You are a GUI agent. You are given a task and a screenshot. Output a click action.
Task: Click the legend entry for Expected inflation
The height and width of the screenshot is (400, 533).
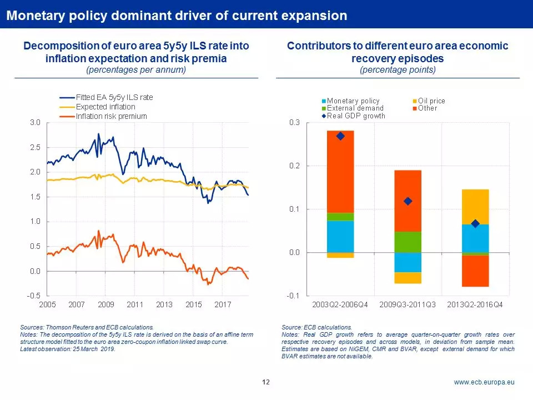point(105,107)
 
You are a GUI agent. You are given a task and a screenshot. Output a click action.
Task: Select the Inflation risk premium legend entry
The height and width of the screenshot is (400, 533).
point(111,116)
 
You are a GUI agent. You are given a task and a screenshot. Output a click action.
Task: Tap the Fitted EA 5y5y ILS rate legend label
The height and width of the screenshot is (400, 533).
point(114,97)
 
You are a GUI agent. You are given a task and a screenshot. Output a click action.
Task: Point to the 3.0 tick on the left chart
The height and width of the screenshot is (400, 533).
point(34,122)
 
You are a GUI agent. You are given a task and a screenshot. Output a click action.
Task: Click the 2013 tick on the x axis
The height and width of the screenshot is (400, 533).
point(164,304)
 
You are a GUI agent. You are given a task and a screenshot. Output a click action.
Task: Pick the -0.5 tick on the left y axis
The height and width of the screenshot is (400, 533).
point(33,296)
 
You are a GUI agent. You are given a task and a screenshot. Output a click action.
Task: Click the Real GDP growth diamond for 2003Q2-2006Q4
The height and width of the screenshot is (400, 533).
point(340,136)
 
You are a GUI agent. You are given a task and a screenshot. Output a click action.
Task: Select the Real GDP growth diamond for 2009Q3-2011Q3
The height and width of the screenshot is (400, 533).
point(408,201)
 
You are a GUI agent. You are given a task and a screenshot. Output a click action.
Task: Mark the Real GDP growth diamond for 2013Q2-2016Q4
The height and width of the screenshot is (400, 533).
point(475,223)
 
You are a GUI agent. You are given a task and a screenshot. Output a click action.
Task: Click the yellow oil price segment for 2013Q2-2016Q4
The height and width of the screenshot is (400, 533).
point(475,207)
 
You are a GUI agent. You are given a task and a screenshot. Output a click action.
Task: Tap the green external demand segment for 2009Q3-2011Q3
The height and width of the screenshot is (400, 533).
point(408,242)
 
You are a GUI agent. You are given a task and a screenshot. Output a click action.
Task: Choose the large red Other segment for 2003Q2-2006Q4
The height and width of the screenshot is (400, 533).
point(340,172)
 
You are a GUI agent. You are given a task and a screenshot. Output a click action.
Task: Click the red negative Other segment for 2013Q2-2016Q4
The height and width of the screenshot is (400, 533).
point(475,271)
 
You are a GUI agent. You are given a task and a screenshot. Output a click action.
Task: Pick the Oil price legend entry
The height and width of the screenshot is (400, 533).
point(431,101)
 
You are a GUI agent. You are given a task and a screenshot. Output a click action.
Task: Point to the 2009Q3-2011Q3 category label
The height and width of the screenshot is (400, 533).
point(408,305)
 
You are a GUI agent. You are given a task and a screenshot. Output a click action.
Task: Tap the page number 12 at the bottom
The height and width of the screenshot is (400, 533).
point(266,382)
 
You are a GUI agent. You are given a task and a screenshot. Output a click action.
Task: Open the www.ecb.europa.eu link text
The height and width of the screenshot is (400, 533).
point(484,382)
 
